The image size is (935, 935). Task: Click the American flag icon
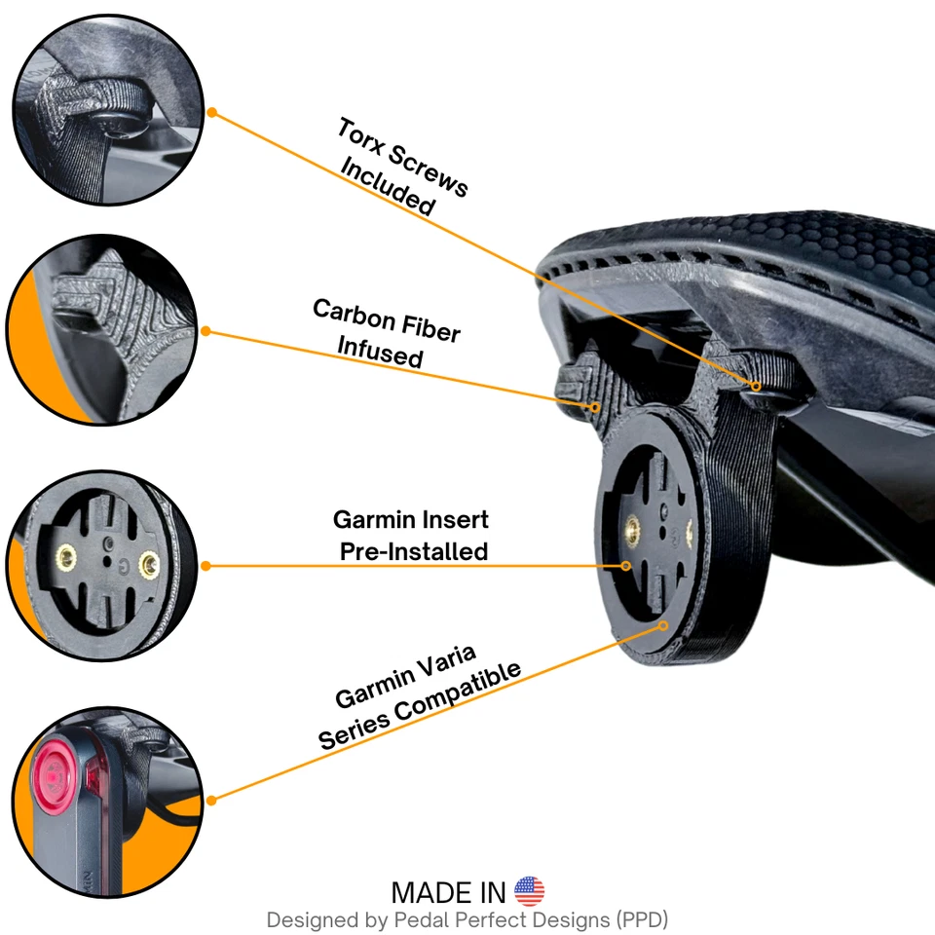529,891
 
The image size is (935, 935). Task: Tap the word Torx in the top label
361,140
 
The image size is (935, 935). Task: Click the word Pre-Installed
414,551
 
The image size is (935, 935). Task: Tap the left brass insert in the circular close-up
67,557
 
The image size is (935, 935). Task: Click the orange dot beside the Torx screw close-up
212,113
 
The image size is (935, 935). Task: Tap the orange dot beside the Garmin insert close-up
206,566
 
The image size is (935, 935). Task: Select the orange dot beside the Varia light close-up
211,800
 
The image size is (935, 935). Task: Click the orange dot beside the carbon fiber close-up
206,331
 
